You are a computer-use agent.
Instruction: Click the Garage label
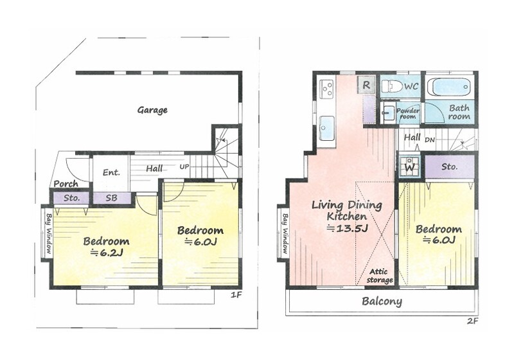pos(152,110)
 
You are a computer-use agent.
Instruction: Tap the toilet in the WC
pos(392,87)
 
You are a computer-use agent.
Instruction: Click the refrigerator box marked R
pos(366,85)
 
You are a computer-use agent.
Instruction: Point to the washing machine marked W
pos(409,166)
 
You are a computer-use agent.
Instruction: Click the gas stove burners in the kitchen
pos(327,88)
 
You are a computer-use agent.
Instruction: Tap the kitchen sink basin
pos(326,128)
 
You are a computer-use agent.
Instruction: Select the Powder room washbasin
pos(388,113)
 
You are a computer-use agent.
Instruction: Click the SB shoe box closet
pos(112,198)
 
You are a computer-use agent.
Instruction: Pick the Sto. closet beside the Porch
pos(71,198)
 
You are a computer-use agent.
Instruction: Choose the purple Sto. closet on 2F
pos(449,166)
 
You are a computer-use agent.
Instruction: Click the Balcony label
pos(382,301)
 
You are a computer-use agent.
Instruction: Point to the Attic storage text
pos(380,276)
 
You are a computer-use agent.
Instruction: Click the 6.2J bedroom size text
pos(107,253)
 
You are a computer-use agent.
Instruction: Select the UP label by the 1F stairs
pos(184,166)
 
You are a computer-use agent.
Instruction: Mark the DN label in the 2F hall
pos(430,140)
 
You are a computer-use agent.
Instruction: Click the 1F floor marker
pos(236,295)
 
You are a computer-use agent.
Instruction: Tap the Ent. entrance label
pos(111,172)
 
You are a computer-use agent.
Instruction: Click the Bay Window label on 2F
pos(285,234)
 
